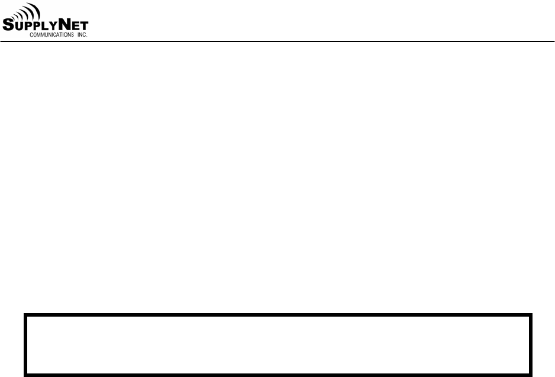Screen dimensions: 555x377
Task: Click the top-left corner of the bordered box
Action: point(25,315)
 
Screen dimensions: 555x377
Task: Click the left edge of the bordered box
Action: point(25,344)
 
